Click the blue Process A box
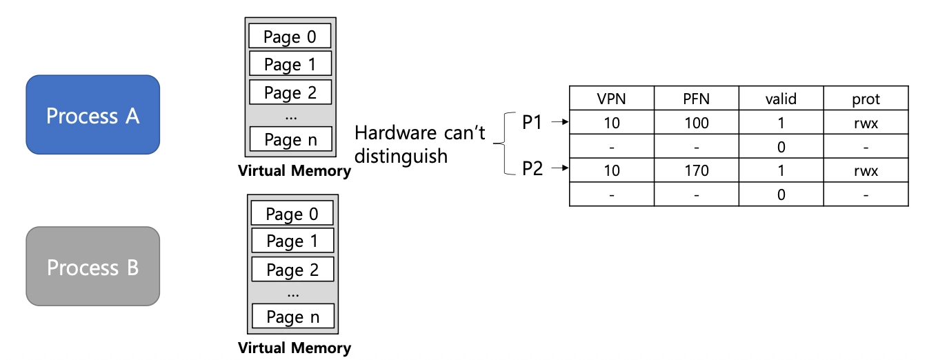click(92, 114)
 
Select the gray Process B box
click(92, 266)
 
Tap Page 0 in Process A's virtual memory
click(290, 36)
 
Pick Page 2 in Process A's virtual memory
click(290, 92)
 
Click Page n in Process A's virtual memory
click(291, 139)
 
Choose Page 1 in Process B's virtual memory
click(292, 241)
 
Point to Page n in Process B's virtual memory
click(293, 316)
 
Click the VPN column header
click(612, 98)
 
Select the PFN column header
click(697, 98)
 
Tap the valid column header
click(781, 98)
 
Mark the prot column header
click(866, 98)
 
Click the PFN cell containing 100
click(697, 122)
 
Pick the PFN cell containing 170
click(697, 170)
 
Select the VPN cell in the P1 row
click(612, 122)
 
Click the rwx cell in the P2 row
click(866, 170)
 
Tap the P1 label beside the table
click(532, 122)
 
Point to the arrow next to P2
click(560, 168)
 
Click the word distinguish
click(401, 157)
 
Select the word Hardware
click(395, 133)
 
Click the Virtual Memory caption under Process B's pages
click(295, 348)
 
